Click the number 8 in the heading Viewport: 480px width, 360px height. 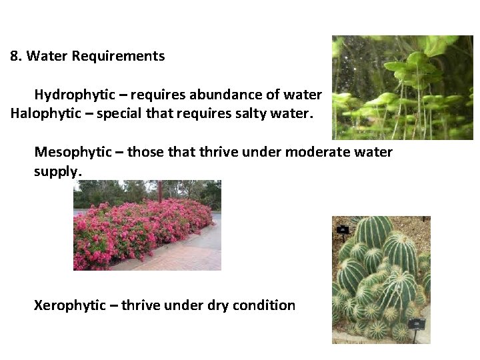click(x=14, y=56)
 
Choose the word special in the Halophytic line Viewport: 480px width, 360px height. click(x=119, y=113)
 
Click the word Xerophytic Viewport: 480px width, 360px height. click(x=69, y=305)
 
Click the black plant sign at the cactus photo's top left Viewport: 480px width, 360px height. click(x=343, y=229)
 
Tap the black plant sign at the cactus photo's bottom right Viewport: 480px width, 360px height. click(x=417, y=323)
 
